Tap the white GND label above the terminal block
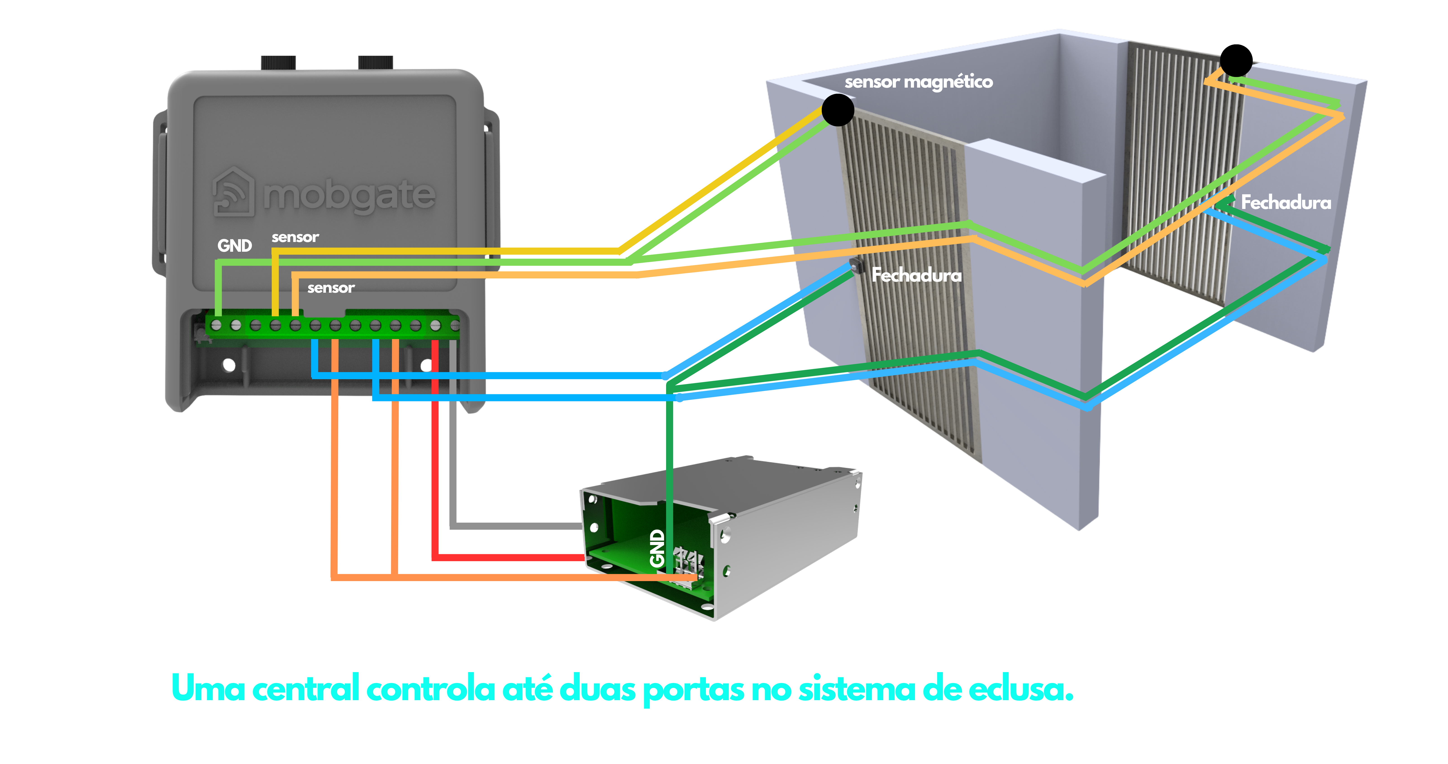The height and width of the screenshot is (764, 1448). click(x=234, y=246)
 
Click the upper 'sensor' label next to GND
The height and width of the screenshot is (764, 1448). click(x=295, y=237)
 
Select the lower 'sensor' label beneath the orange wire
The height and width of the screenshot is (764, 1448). click(x=331, y=288)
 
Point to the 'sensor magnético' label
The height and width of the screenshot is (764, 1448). click(x=919, y=82)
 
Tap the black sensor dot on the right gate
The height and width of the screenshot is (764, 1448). click(x=1236, y=61)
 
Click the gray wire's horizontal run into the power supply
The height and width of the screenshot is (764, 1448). click(x=517, y=526)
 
